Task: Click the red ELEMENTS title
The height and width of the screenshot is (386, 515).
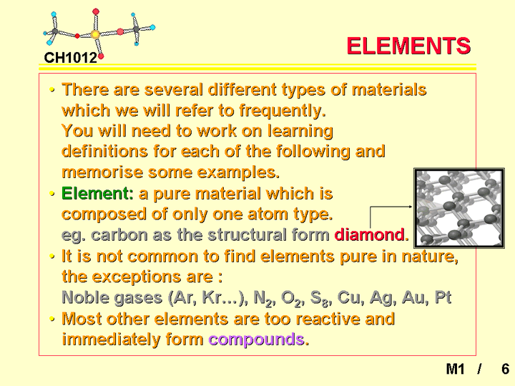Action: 408,46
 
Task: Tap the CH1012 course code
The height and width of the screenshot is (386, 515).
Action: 71,58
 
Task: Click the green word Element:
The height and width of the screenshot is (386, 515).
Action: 97,193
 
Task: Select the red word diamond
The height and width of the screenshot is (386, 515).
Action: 370,234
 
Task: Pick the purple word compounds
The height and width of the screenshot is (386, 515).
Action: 256,340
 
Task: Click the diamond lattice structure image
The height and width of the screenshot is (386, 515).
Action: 459,208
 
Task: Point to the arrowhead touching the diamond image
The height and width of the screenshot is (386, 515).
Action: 411,207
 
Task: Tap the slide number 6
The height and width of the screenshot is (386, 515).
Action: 506,369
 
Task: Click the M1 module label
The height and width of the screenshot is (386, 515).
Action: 455,369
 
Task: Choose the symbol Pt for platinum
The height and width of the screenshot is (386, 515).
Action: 443,297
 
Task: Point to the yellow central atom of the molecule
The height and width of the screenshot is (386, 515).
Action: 95,34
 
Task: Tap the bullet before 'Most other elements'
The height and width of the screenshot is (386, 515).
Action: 51,318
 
